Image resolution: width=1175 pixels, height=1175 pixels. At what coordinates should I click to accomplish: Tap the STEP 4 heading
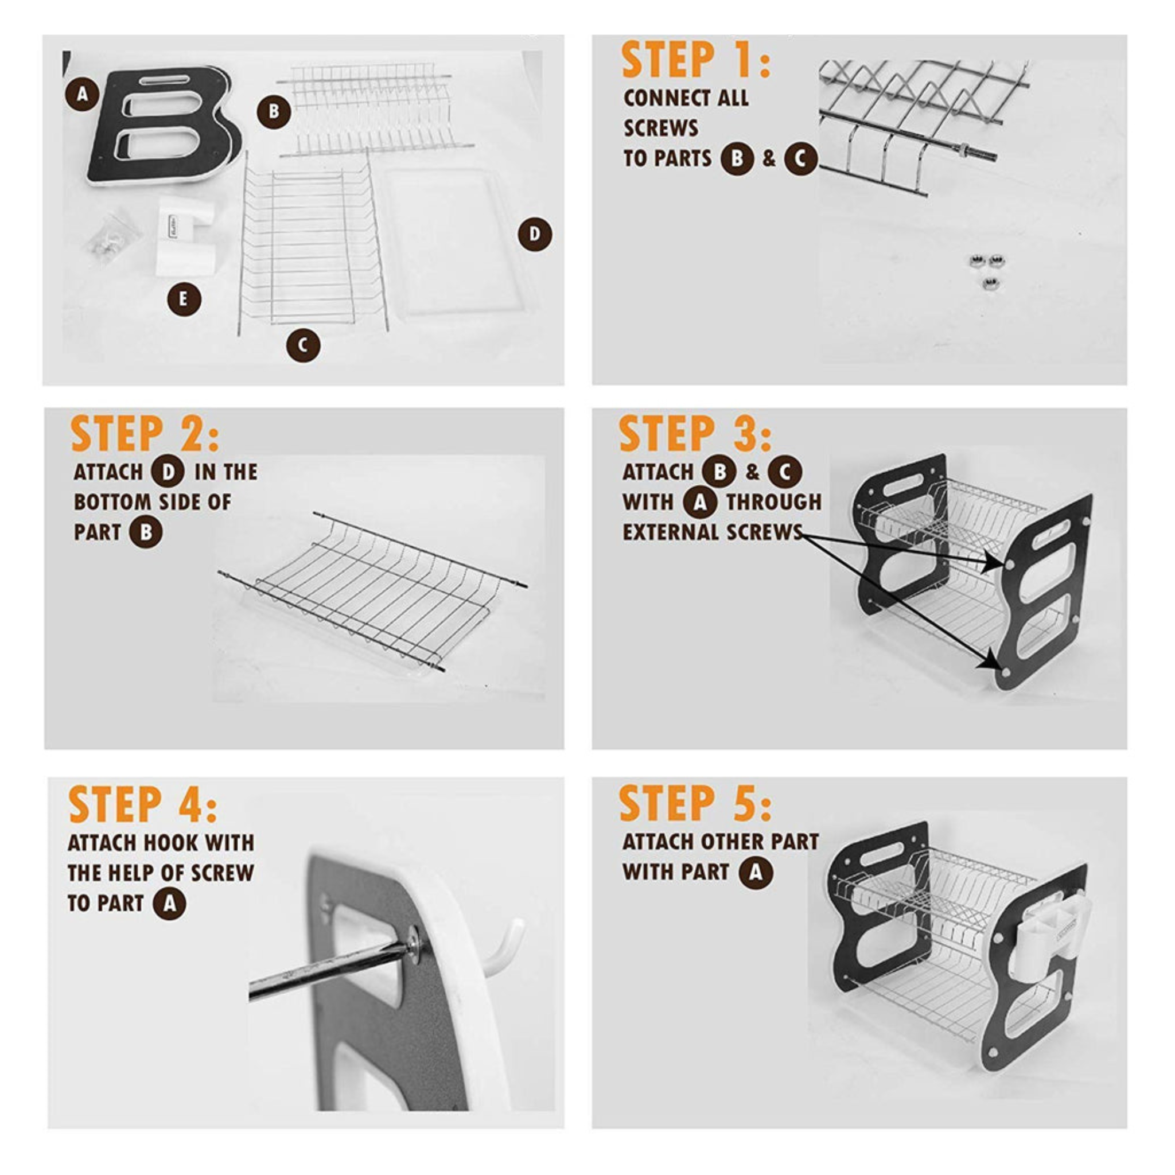click(x=143, y=805)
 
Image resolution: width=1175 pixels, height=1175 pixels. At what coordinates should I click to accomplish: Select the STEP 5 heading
click(x=696, y=804)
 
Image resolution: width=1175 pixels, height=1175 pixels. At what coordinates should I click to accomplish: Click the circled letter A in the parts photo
click(x=83, y=94)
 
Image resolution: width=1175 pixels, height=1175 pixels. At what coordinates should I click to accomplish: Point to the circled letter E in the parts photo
click(x=184, y=299)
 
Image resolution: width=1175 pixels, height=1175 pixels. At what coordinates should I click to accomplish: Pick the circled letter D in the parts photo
click(x=535, y=234)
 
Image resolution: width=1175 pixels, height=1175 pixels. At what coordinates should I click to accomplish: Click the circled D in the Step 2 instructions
click(x=168, y=473)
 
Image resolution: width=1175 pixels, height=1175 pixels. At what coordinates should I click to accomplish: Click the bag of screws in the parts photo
click(x=112, y=237)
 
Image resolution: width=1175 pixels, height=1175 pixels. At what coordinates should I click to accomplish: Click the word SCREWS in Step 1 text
click(x=661, y=128)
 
